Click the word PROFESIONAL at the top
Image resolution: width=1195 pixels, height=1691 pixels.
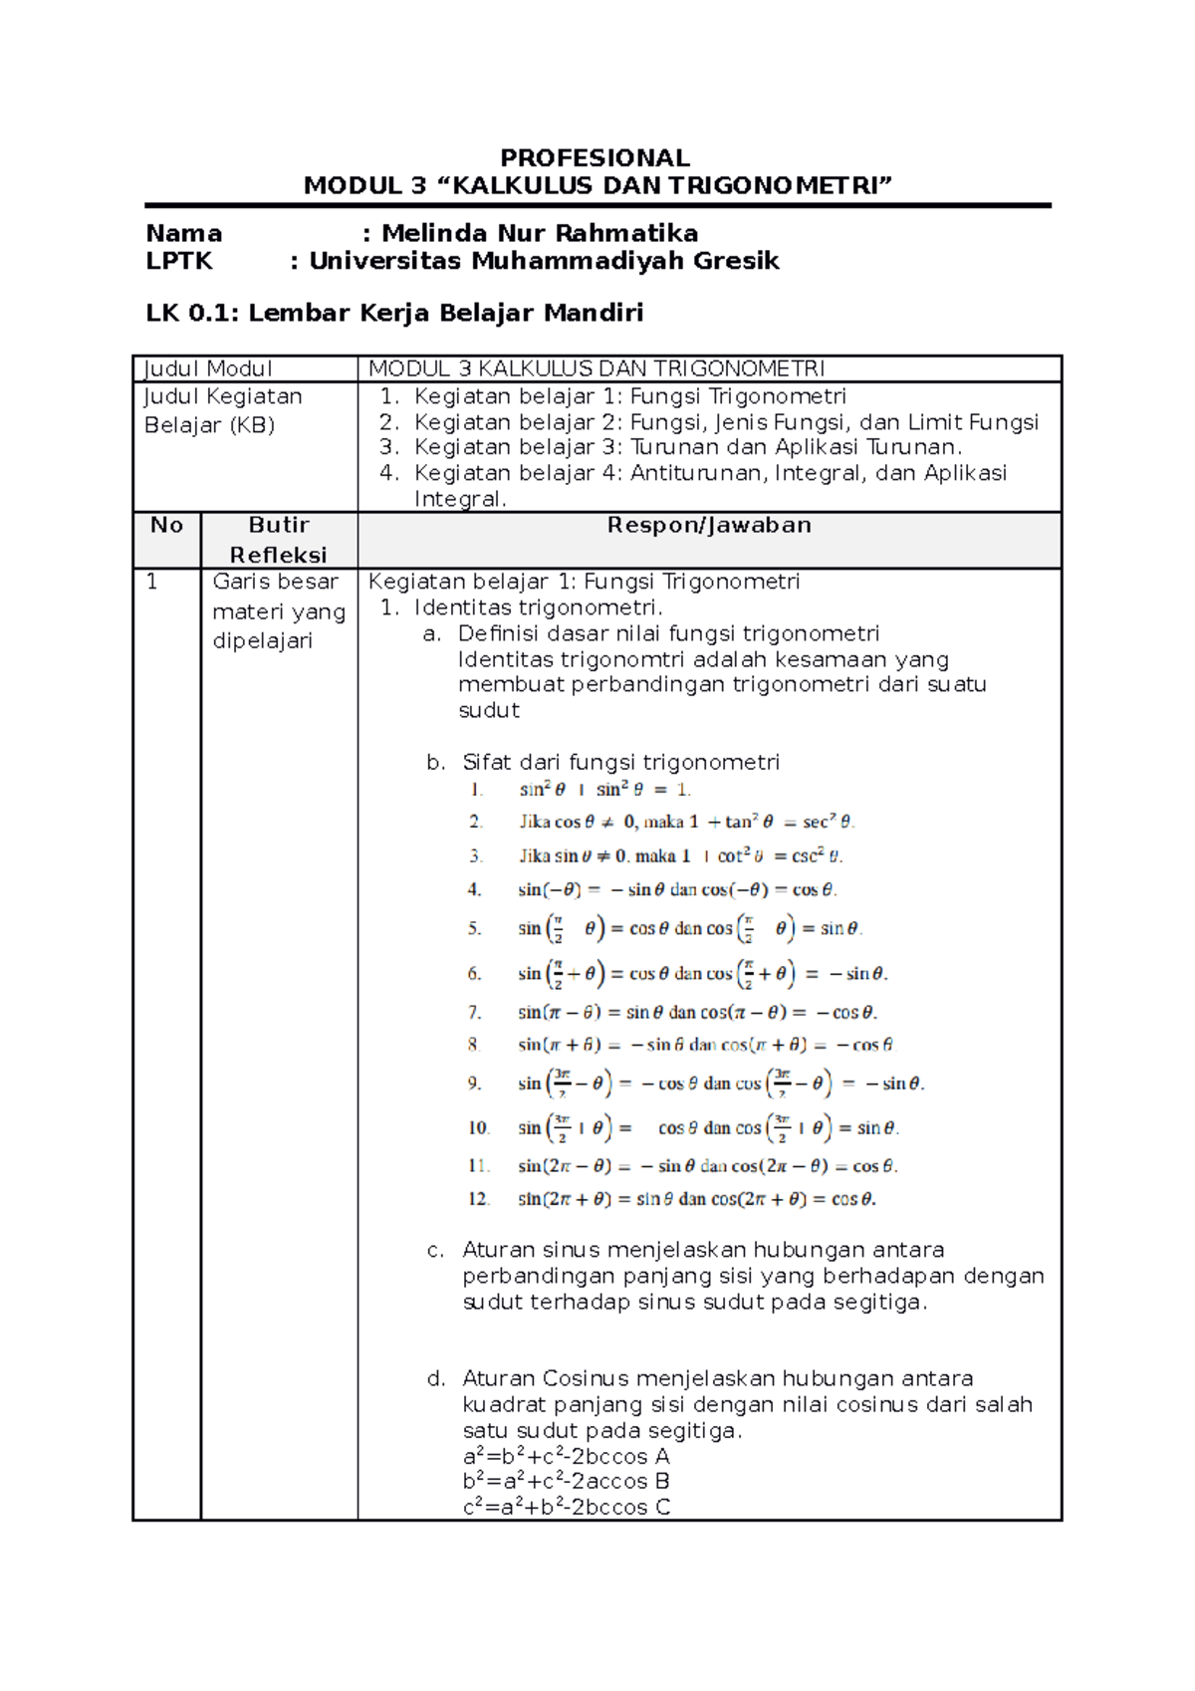[x=595, y=158]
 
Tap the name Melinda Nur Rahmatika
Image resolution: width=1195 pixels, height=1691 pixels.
[x=539, y=233]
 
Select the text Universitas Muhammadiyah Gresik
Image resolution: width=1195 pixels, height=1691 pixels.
[x=544, y=261]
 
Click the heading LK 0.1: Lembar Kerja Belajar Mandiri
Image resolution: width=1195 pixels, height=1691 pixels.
[x=394, y=313]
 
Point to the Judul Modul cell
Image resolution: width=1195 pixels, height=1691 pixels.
[x=208, y=368]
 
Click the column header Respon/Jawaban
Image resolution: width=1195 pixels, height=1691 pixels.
[x=709, y=525]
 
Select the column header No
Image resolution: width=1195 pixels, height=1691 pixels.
[x=166, y=525]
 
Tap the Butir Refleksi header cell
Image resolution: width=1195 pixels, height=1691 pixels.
[x=278, y=539]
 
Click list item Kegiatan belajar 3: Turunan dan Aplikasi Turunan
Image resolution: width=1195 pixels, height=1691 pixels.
[x=687, y=447]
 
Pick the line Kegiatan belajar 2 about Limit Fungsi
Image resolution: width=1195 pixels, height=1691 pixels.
[x=726, y=421]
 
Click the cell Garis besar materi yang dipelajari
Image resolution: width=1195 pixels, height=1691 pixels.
[x=278, y=610]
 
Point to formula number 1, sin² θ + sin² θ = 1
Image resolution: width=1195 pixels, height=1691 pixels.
[x=603, y=790]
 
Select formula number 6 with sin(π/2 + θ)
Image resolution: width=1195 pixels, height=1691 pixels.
[x=701, y=973]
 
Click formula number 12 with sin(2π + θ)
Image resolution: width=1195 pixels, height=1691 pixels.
[x=696, y=1199]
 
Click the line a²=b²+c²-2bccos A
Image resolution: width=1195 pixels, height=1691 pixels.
[x=566, y=1456]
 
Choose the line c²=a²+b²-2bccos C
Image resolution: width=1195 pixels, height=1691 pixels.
[x=566, y=1507]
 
